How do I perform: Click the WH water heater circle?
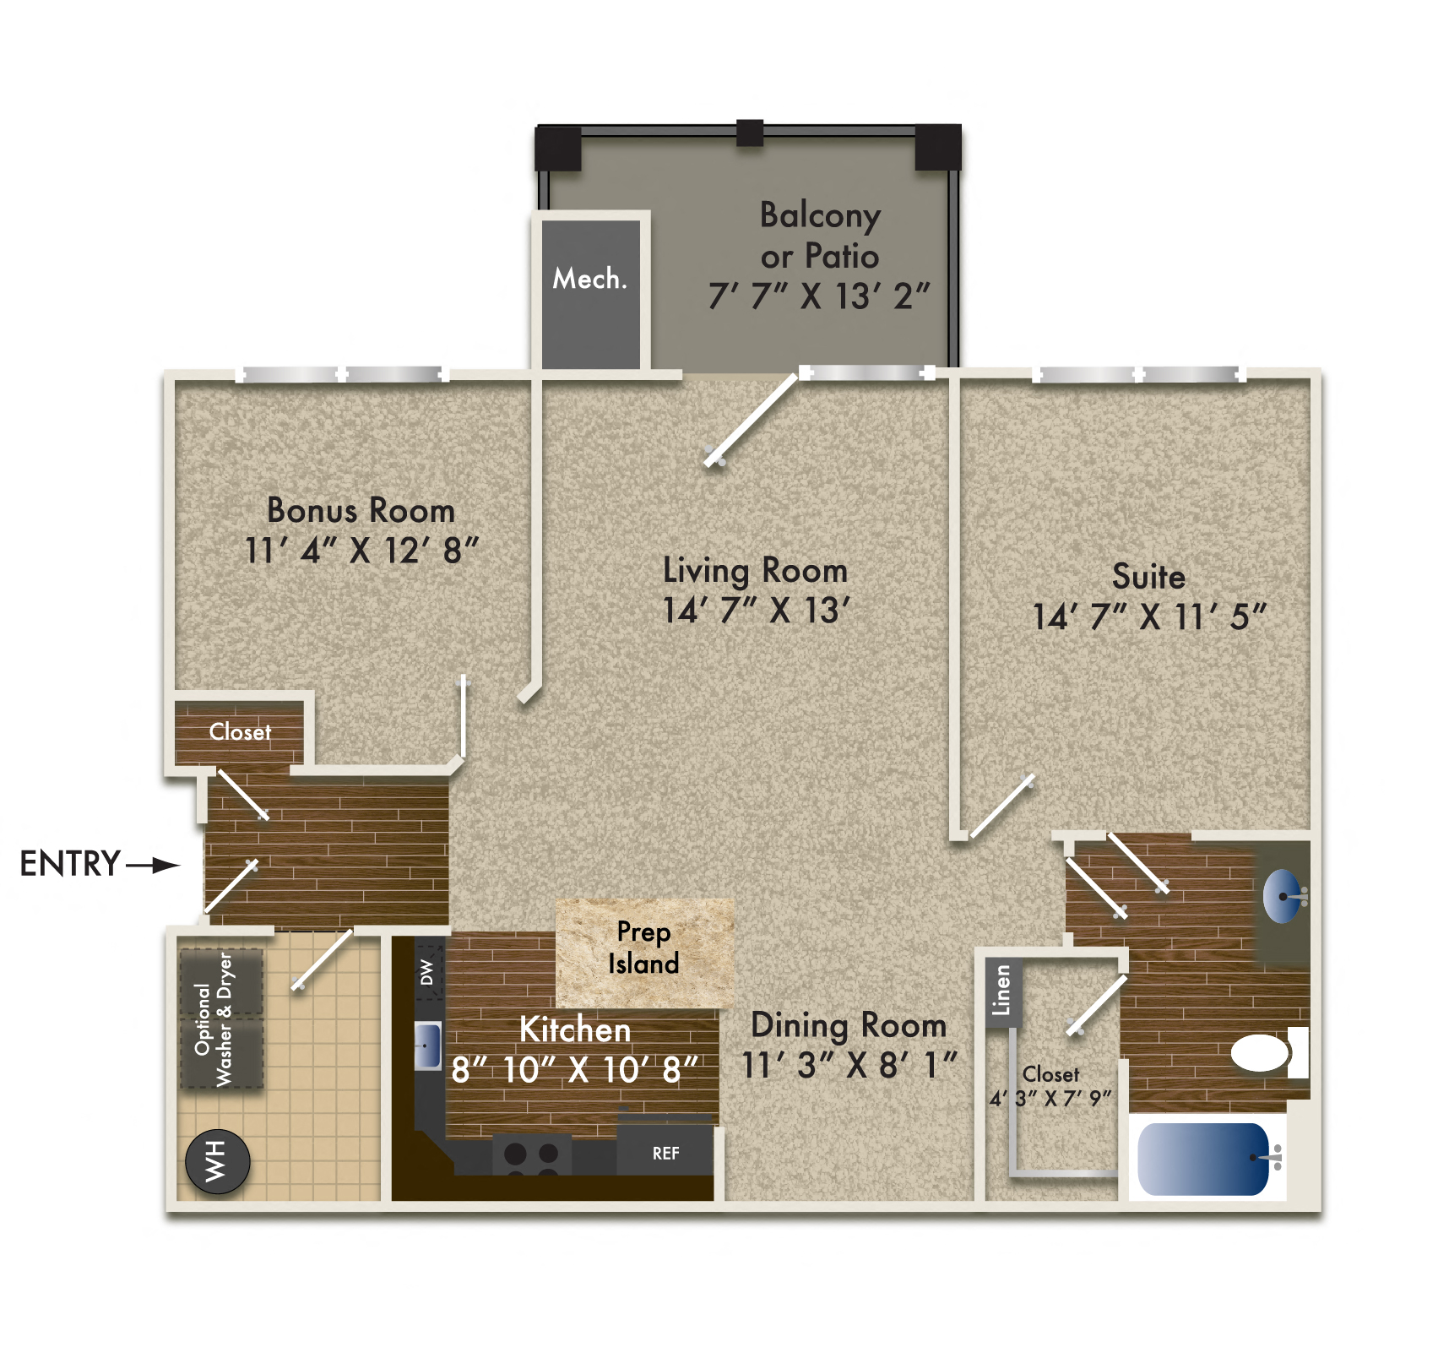(x=217, y=1161)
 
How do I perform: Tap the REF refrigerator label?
(x=665, y=1153)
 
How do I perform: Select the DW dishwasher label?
(x=427, y=972)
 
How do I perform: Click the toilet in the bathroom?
(x=1262, y=1053)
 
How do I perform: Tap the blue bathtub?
(x=1202, y=1159)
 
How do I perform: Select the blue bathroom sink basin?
(x=1282, y=895)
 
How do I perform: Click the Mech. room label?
(x=590, y=279)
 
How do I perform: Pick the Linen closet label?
(x=1001, y=990)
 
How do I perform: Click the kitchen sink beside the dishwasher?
(x=428, y=1045)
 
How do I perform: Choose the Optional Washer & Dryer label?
(x=214, y=1018)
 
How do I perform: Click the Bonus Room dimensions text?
(x=361, y=551)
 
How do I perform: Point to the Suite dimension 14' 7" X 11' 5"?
(x=1148, y=616)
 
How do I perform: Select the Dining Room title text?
(x=849, y=1025)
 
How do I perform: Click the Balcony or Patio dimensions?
(x=818, y=296)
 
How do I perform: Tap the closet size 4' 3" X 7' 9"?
(x=1050, y=1099)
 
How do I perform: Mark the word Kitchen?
(x=575, y=1029)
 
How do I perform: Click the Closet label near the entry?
(x=240, y=731)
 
